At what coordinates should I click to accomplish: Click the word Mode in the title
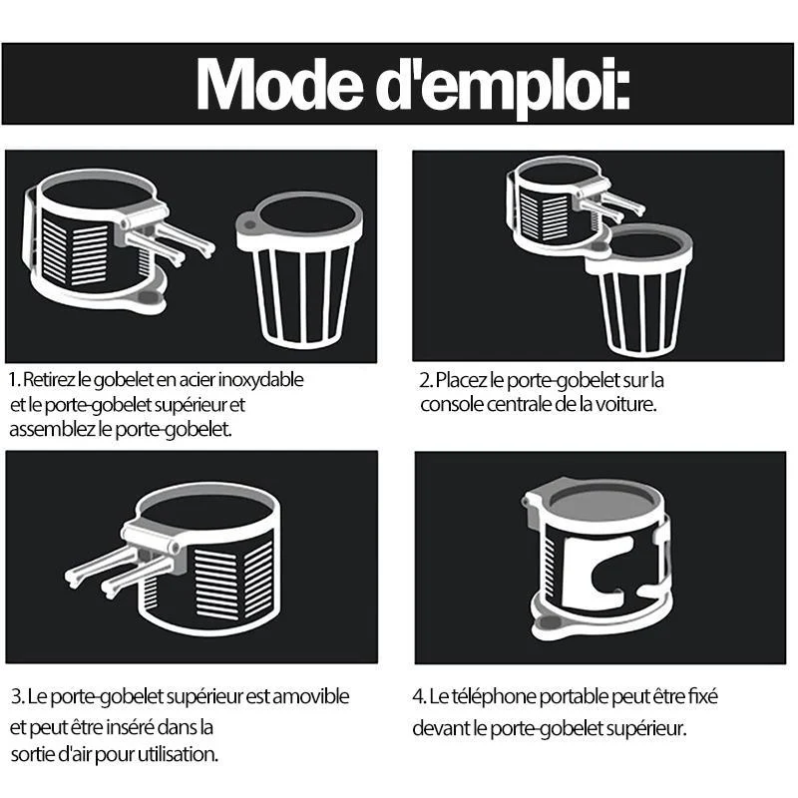[279, 83]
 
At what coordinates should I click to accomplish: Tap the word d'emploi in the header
[503, 87]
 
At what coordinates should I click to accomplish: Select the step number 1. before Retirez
[15, 380]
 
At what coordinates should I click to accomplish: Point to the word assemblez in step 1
[53, 429]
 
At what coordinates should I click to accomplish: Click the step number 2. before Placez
[427, 380]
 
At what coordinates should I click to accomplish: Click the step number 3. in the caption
[18, 696]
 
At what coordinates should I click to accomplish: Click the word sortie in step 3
[33, 754]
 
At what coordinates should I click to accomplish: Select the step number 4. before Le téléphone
[419, 696]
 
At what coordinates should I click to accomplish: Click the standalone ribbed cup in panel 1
[300, 270]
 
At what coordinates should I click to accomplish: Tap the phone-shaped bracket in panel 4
[597, 569]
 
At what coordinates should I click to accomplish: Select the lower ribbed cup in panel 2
[638, 290]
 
